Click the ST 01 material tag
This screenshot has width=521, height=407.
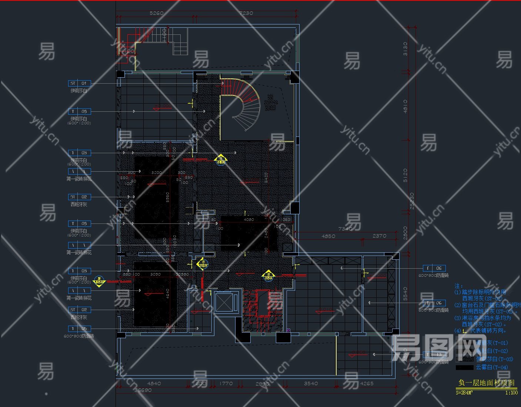pos(79,83)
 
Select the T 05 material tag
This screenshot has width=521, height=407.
pos(79,329)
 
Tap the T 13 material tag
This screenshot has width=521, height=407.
pos(434,354)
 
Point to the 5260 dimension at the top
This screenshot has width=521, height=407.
pos(156,13)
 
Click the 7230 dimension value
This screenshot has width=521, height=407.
pos(246,13)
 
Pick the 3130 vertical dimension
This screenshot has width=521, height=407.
pos(405,49)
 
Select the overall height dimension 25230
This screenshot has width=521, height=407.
pos(412,201)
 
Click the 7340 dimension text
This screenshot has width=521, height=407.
pos(345,229)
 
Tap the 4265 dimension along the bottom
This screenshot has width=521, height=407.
pos(367,383)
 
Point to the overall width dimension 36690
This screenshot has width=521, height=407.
pos(143,390)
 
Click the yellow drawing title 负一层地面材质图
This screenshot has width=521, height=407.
pos(486,383)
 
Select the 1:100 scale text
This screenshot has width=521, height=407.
pos(511,393)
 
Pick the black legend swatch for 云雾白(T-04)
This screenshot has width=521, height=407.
pos(464,367)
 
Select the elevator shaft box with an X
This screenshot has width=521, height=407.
pos(224,303)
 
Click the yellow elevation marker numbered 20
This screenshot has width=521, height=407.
pos(99,281)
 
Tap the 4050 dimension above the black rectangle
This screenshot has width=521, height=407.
pos(248,219)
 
